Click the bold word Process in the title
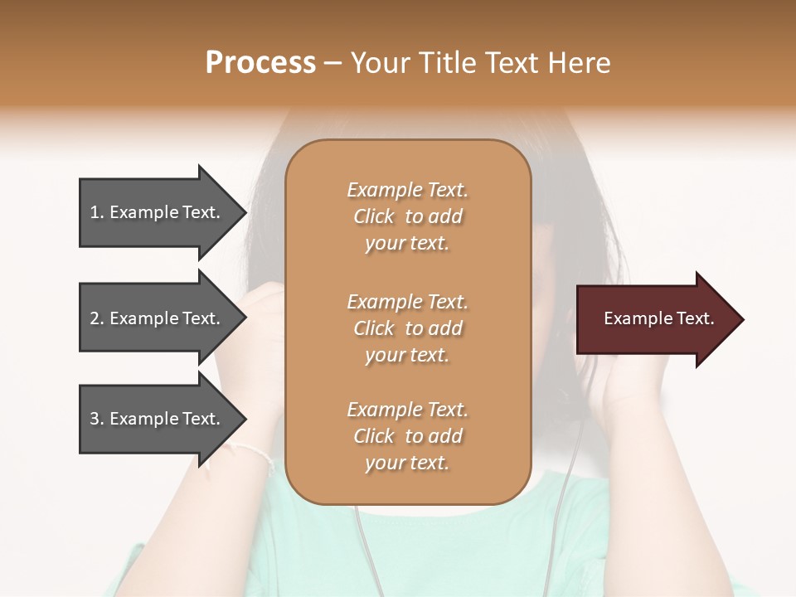[x=260, y=63]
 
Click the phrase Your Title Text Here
[x=481, y=63]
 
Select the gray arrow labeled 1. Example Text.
[x=158, y=212]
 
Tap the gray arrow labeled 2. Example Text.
[x=158, y=318]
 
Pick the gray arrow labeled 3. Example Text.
[x=158, y=419]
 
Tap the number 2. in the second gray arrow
[x=96, y=318]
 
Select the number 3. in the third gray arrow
[x=96, y=419]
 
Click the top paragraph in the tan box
[x=407, y=216]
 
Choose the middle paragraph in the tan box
[x=407, y=328]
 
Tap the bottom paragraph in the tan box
[x=407, y=436]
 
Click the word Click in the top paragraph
[x=374, y=216]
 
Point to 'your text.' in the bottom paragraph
[x=407, y=464]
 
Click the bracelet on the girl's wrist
[x=253, y=453]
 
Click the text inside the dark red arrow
[x=658, y=318]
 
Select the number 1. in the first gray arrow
[x=96, y=212]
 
